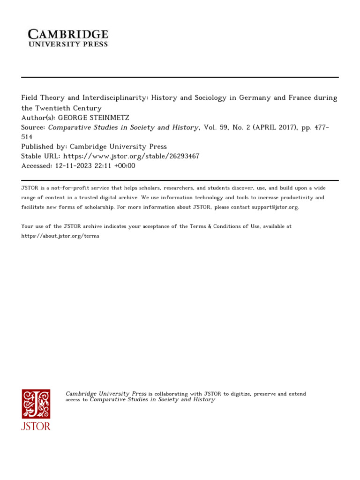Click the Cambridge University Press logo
click(68, 38)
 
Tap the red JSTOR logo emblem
click(36, 404)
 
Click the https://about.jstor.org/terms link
click(60, 236)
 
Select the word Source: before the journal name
click(33, 127)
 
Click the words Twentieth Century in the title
click(68, 108)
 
